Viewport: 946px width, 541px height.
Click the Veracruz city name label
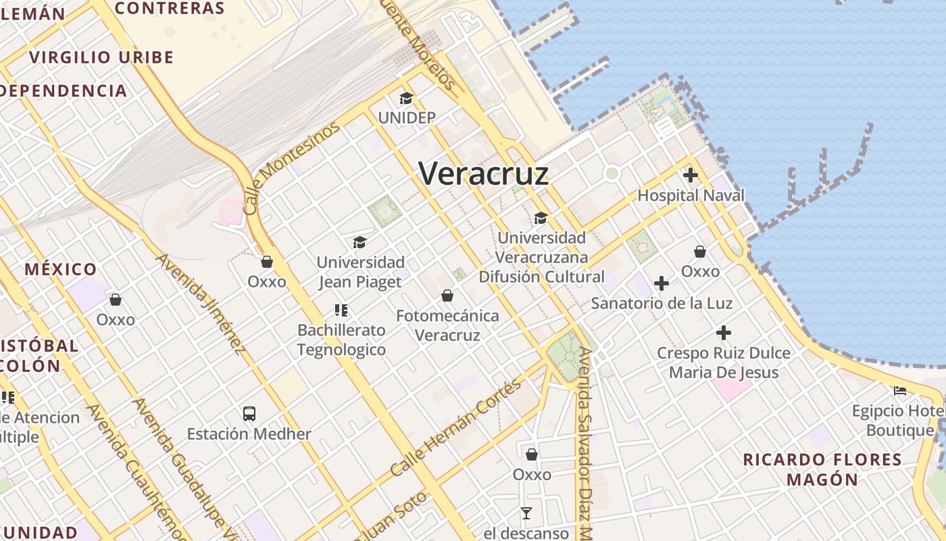tap(483, 174)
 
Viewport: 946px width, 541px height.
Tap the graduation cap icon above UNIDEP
tap(406, 99)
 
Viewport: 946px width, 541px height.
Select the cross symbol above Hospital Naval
tap(690, 176)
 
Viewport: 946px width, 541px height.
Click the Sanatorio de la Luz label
tap(662, 303)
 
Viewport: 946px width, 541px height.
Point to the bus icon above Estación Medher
tap(249, 413)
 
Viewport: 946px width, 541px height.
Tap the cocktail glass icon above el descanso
tap(526, 513)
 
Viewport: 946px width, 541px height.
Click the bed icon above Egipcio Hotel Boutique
tap(900, 390)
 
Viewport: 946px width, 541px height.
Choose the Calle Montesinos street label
tap(291, 168)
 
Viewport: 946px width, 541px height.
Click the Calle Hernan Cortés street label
tap(456, 427)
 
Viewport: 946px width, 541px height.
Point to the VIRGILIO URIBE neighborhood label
tap(101, 57)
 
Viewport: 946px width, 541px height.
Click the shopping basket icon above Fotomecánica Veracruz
tap(447, 296)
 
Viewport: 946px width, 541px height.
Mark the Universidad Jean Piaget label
tap(361, 272)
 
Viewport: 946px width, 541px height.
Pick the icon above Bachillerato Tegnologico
tap(341, 310)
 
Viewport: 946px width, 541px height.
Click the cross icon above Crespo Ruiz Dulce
tap(724, 333)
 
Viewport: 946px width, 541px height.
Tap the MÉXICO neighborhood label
tap(61, 269)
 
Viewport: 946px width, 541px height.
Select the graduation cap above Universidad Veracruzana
tap(541, 218)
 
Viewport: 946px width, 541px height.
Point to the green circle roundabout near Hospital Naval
tap(612, 174)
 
